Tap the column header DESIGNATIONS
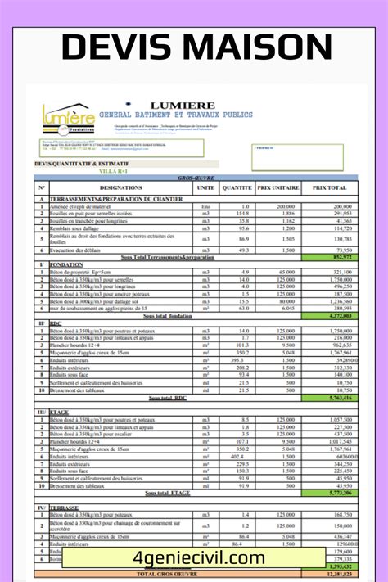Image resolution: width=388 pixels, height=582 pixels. tap(120, 187)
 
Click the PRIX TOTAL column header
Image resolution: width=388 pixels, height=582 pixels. tap(328, 187)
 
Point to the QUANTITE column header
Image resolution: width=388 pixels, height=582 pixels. tap(236, 187)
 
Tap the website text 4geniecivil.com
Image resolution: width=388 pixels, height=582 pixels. tap(193, 558)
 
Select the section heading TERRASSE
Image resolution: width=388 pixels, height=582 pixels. tap(66, 508)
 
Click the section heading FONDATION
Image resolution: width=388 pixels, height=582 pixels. tap(67, 264)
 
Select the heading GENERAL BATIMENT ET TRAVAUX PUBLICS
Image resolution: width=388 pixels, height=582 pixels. tap(176, 115)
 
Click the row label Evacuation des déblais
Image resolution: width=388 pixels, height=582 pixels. tap(86, 250)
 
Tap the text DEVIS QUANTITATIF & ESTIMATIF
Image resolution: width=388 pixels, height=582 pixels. tap(83, 163)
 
